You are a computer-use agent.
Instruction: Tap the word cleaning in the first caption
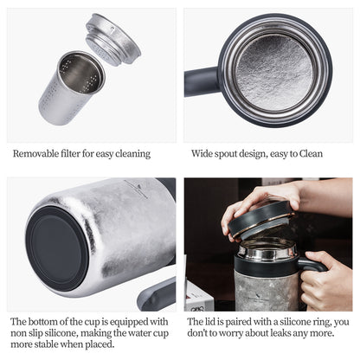131,154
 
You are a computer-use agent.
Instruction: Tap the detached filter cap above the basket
112,38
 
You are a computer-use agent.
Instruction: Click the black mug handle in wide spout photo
201,80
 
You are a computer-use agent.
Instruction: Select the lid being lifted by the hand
260,218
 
